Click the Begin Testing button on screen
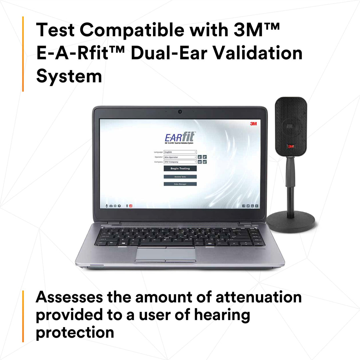click(x=180, y=169)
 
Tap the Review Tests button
click(x=180, y=177)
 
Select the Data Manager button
click(x=180, y=184)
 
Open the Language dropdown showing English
click(x=180, y=152)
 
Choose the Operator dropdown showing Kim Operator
click(x=180, y=157)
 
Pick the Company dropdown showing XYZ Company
click(x=180, y=162)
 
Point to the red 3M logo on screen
click(x=253, y=124)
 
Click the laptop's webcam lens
click(x=180, y=111)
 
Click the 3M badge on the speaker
click(x=291, y=146)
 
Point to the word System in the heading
click(x=69, y=76)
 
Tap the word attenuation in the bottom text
click(x=259, y=297)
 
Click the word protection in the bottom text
click(x=75, y=332)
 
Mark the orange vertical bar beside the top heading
click(x=23, y=54)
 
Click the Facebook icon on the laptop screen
click(x=244, y=206)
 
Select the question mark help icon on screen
click(x=119, y=206)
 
